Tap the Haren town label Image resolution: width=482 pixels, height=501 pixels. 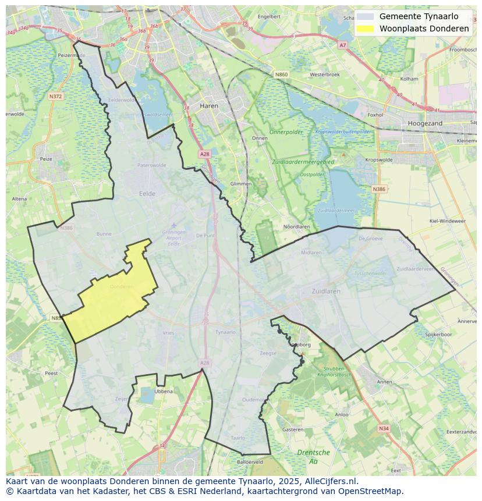pos(208,106)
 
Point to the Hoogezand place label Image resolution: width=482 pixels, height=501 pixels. pos(425,123)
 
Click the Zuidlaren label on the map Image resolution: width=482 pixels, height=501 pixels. pos(325,291)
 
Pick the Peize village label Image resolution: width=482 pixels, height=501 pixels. pos(45,158)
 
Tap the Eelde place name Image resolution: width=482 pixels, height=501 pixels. pos(147,194)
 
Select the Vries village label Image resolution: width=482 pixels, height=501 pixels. pos(168,333)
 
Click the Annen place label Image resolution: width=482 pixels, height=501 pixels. pos(385,382)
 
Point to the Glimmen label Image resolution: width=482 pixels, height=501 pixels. pos(241,183)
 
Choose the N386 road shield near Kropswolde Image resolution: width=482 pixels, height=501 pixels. pos(379,189)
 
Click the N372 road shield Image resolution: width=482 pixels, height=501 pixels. pos(56,96)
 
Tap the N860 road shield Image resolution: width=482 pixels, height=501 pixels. pos(282,74)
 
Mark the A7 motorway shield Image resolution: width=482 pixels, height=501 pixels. pos(342,45)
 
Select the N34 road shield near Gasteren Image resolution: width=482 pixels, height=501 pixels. pos(383,428)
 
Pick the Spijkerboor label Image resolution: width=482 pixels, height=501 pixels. pos(438,335)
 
